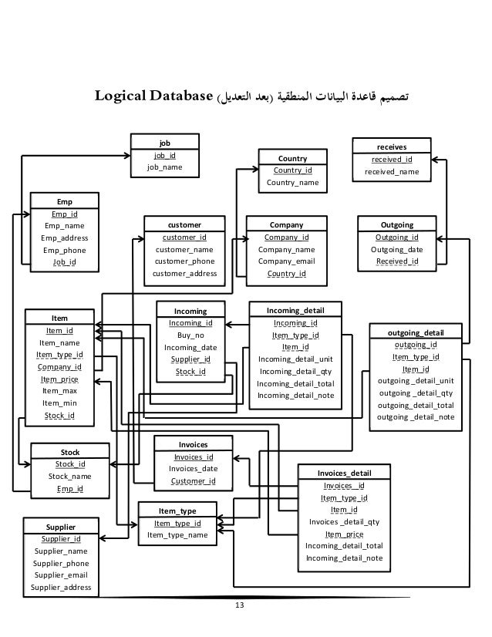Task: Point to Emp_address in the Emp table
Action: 64,238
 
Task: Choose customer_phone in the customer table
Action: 184,261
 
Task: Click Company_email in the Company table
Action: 286,261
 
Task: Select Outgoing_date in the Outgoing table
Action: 396,250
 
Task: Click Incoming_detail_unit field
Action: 295,359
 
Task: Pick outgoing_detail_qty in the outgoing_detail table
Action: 416,393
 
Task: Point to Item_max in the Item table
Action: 59,391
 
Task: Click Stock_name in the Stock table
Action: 69,477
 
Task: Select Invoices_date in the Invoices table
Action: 193,469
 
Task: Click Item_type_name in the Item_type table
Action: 177,535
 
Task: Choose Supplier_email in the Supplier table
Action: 61,575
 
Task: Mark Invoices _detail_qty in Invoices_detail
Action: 344,521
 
